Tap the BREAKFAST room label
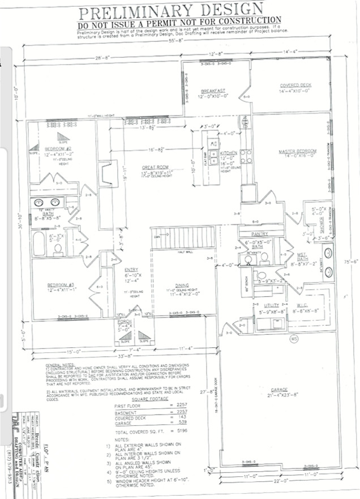point(213,91)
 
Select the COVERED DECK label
point(295,86)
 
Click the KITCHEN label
point(228,153)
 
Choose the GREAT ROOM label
point(155,167)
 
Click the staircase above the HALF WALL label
point(182,238)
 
